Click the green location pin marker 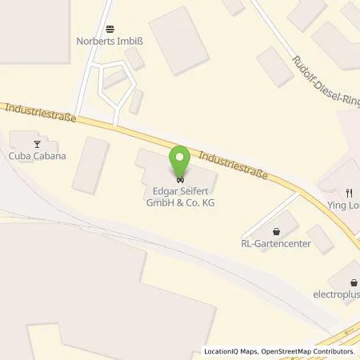pos(180,162)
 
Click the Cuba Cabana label pos(38,157)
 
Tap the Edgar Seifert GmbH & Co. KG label pos(180,197)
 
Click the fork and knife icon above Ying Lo pos(348,192)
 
